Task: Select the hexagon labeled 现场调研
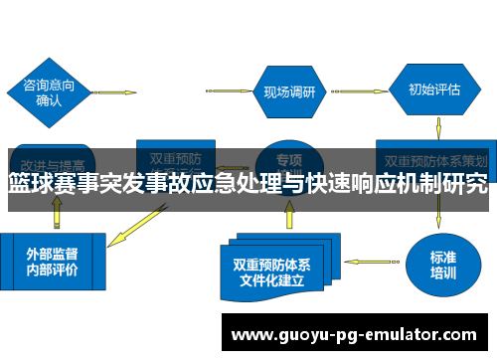289,91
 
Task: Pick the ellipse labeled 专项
289,159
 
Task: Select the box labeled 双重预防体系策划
434,159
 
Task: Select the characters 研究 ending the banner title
466,184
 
